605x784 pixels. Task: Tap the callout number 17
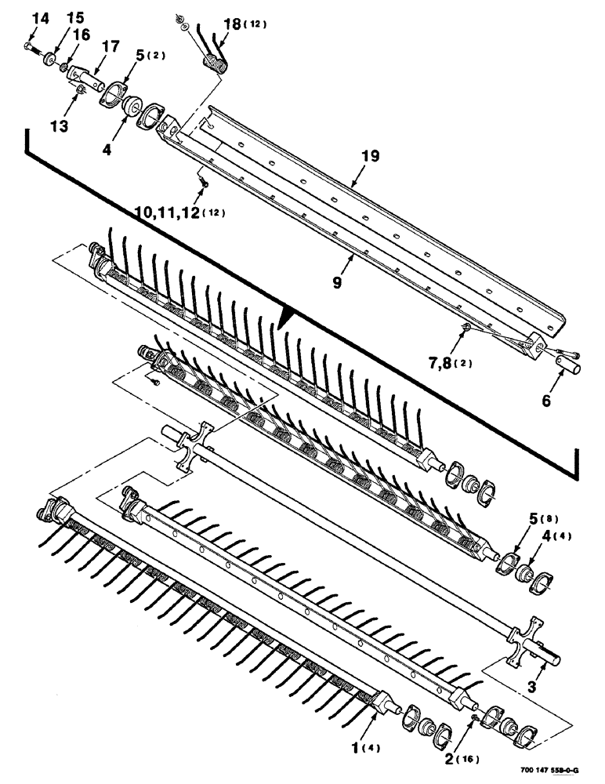click(110, 47)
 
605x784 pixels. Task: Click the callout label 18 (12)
click(243, 25)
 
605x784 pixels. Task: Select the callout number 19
click(369, 157)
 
